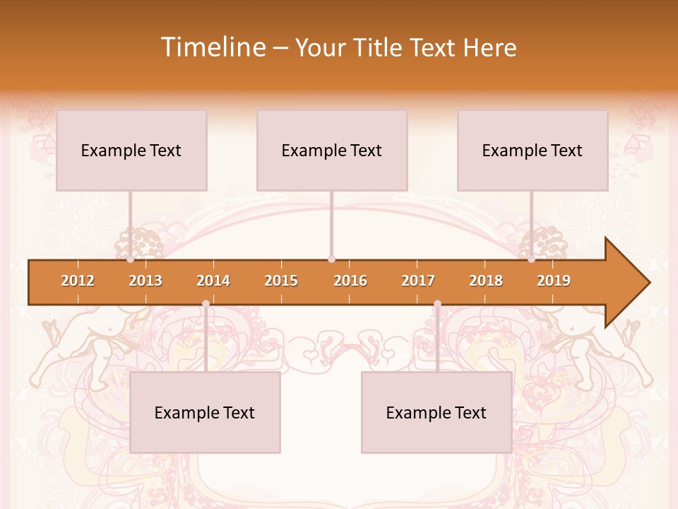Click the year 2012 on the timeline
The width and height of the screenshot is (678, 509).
point(78,281)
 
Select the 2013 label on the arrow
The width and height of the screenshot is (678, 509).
point(145,281)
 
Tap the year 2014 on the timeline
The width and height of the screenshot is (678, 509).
point(213,281)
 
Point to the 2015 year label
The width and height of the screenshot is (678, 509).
point(281,281)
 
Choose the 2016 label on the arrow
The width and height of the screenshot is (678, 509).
point(350,281)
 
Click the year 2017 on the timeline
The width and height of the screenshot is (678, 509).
point(418,281)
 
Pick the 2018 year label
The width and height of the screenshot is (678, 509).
point(486,281)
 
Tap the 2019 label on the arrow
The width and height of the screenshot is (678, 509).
point(554,281)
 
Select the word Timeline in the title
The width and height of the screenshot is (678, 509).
point(212,47)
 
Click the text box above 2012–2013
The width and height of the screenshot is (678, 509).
point(131,150)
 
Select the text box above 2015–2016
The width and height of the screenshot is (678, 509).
point(332,150)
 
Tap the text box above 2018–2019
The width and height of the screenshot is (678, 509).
point(533,150)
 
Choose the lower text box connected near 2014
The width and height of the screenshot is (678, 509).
point(205,412)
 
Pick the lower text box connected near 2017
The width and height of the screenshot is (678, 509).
point(436,412)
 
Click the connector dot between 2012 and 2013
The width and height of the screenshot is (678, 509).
point(131,259)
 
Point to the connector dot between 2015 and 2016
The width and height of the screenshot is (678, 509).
point(331,259)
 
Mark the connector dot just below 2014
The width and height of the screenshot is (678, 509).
point(206,304)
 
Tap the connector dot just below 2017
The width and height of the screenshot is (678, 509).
point(437,304)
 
